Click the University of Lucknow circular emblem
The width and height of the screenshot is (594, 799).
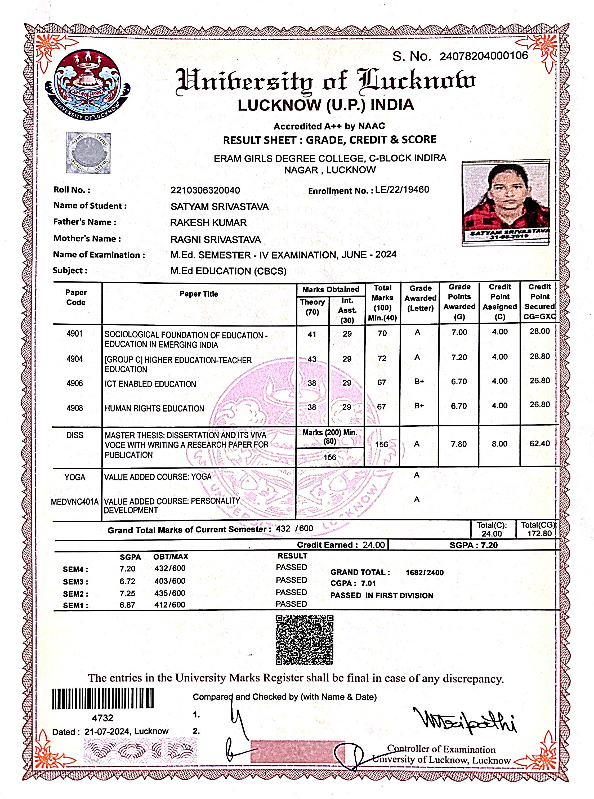[87, 85]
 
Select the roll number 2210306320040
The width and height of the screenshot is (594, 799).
[205, 190]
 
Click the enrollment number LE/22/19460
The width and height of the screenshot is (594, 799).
[402, 190]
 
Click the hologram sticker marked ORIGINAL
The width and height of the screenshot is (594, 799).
[88, 153]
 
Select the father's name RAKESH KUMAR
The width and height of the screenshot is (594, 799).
[208, 222]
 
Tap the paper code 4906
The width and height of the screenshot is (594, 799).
[74, 383]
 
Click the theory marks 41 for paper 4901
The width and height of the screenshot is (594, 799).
[312, 334]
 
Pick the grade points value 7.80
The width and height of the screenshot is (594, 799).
[459, 444]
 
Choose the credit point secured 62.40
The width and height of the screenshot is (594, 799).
[539, 443]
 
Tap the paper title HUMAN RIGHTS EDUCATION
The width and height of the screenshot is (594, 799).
[154, 408]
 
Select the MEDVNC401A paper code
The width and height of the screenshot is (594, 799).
[75, 502]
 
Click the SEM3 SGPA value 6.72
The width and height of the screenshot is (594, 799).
[127, 581]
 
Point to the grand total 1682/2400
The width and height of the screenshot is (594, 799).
[424, 573]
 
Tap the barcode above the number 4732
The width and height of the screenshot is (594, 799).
[103, 698]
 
